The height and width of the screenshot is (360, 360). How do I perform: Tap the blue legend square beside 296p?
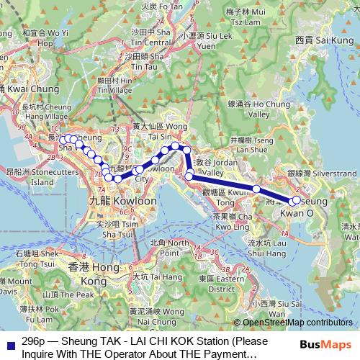9,343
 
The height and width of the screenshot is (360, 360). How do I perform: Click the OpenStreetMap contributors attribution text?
296,323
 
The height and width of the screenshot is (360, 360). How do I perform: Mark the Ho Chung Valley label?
251,109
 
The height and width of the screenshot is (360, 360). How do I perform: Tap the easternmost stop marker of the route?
294,199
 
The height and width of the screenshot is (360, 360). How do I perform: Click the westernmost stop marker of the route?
63,140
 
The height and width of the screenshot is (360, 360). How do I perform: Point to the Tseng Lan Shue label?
249,144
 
